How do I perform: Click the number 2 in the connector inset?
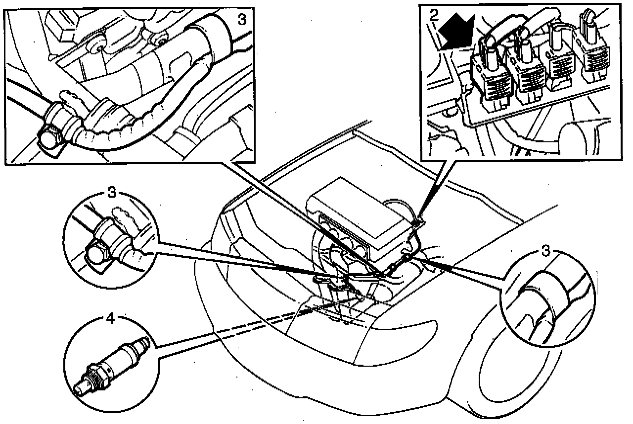point(434,14)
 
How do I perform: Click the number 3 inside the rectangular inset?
point(242,19)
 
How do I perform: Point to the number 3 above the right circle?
point(545,251)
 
